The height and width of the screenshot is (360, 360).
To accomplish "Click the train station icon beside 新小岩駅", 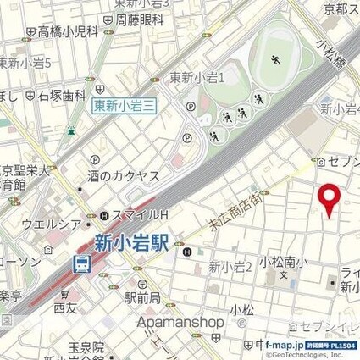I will tap(82, 263).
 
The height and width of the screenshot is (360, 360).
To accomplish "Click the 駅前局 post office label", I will tap(141, 298).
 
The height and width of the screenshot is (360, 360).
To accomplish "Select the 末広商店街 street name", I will tap(233, 215).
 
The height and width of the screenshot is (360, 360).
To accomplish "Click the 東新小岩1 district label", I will tap(197, 78).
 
